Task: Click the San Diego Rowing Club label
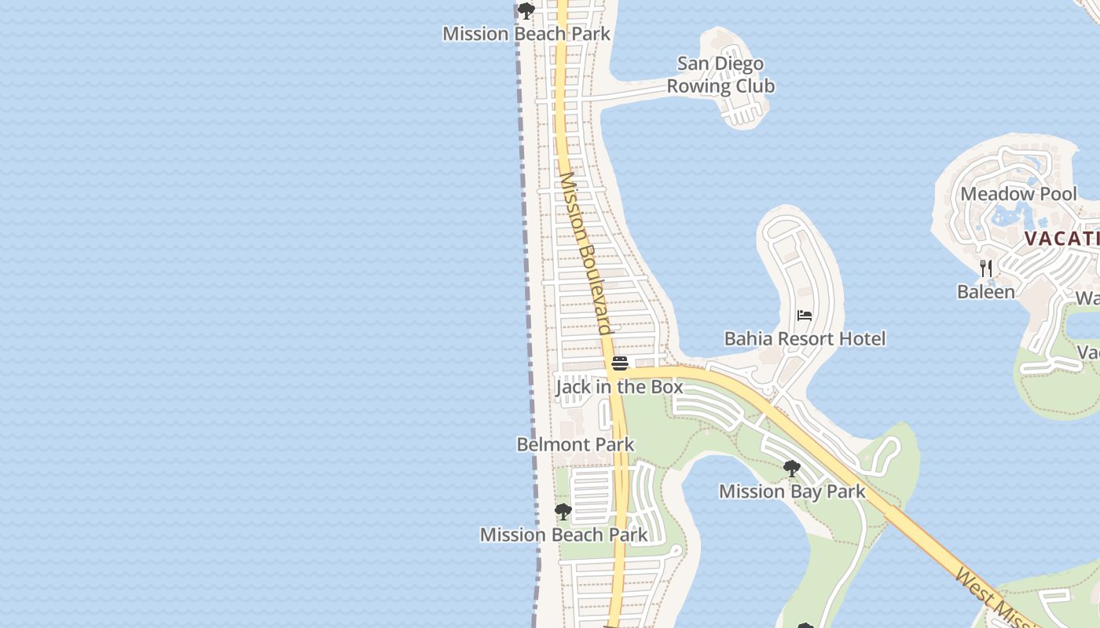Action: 720,75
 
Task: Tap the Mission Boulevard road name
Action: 585,253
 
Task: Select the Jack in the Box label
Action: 619,387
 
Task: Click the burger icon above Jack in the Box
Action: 620,363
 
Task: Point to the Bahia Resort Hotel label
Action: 805,339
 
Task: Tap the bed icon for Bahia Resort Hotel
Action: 805,316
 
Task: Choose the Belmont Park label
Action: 575,444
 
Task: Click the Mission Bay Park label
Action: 792,491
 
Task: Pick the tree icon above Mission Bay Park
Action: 792,469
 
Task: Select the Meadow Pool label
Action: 1018,194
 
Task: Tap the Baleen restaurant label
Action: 986,292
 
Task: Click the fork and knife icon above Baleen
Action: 986,268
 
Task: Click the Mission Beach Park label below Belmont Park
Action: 563,535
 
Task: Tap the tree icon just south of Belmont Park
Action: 563,512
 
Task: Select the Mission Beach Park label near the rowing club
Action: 526,34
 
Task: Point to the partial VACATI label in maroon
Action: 1061,239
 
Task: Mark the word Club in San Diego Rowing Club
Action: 753,86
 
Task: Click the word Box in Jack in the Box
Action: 667,387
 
